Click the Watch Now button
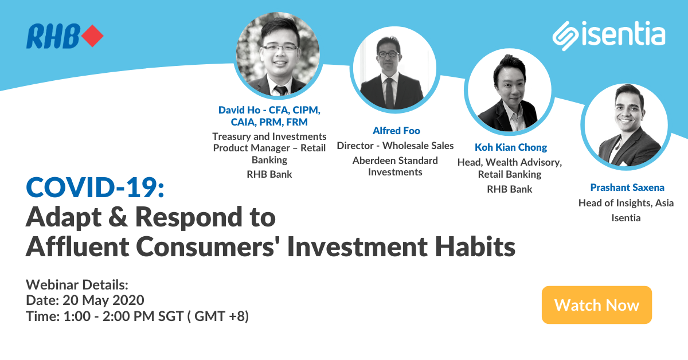click(596, 305)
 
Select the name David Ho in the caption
click(236, 109)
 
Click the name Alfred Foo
click(396, 131)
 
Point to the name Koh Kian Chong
click(510, 147)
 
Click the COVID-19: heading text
click(95, 187)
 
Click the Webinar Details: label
click(77, 284)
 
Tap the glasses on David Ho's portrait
click(280, 49)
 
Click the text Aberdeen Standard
click(395, 161)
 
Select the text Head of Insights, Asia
click(626, 203)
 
